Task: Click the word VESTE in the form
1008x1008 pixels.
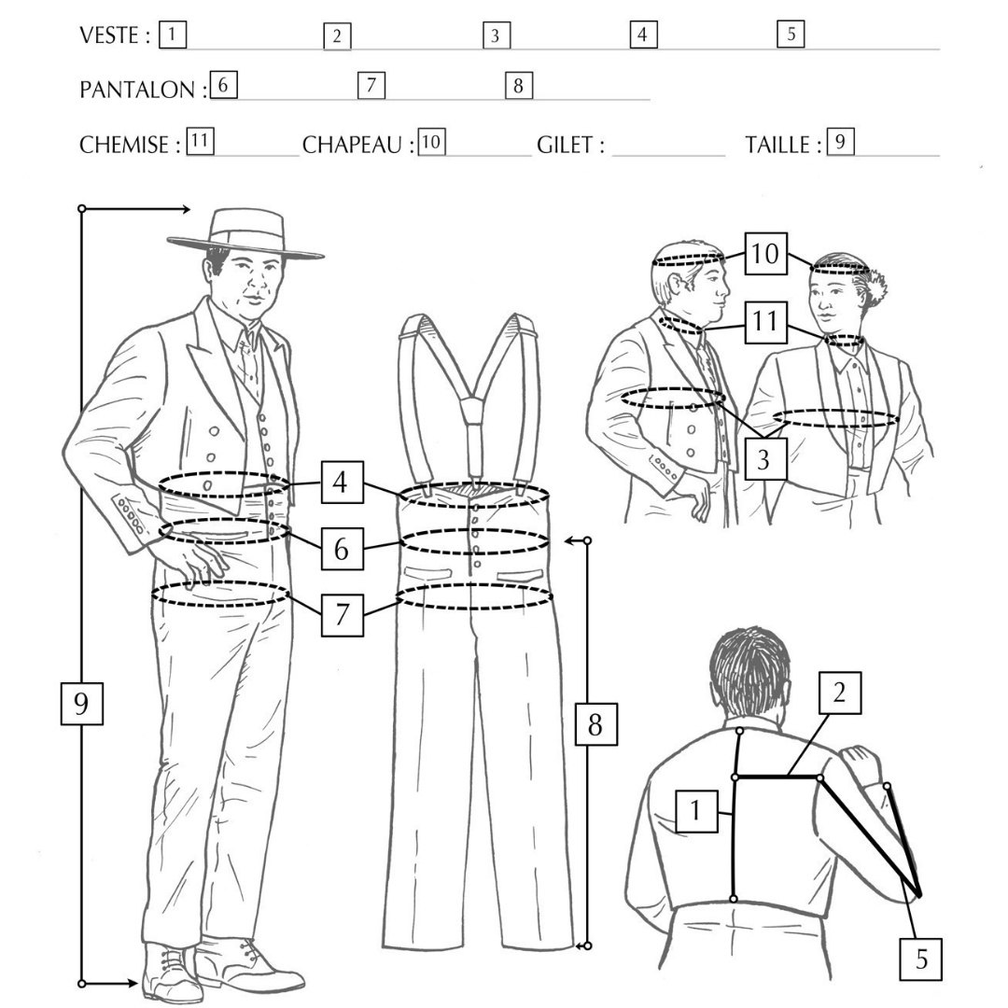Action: [x=108, y=35]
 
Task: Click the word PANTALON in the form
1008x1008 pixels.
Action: [x=137, y=90]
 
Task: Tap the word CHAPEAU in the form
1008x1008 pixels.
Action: [x=352, y=145]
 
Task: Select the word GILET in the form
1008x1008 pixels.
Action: [x=565, y=145]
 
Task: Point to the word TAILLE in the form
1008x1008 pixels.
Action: [x=777, y=145]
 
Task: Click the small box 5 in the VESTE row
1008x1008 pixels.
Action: [x=791, y=35]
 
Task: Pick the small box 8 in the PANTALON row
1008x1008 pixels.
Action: [x=519, y=86]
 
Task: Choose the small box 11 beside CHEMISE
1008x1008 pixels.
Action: [x=200, y=142]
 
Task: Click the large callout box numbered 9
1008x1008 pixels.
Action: [x=81, y=704]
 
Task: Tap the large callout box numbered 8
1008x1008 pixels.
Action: [x=595, y=724]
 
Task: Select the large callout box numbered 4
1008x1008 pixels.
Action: [x=342, y=483]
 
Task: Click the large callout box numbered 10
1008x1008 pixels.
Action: [x=766, y=254]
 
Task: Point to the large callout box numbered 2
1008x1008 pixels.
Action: [x=840, y=693]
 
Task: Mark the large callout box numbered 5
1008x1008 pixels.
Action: [x=920, y=959]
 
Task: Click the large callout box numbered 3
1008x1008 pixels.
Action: [x=765, y=459]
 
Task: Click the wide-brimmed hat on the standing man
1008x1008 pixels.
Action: [x=245, y=235]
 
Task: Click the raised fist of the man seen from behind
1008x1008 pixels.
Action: [x=861, y=763]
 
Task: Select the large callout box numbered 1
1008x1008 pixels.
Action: [x=697, y=811]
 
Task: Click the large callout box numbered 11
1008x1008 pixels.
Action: [x=766, y=321]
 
